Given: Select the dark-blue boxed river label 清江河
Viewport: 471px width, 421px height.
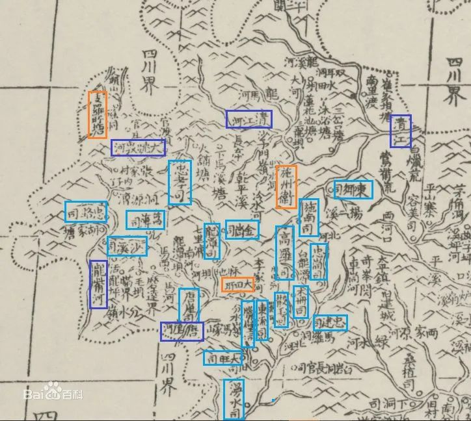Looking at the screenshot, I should pyautogui.click(x=249, y=120).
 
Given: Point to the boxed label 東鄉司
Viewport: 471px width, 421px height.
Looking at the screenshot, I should pyautogui.click(x=354, y=189).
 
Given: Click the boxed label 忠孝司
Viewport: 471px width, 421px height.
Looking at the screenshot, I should pyautogui.click(x=180, y=183).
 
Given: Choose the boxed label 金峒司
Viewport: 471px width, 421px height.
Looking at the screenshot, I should pyautogui.click(x=242, y=229).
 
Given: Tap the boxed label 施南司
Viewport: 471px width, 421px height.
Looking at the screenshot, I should pyautogui.click(x=309, y=217).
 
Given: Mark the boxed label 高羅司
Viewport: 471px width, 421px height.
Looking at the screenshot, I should pyautogui.click(x=285, y=252).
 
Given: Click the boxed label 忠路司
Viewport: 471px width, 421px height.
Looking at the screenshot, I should pyautogui.click(x=86, y=212).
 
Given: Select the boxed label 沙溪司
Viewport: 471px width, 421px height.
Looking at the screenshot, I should pyautogui.click(x=127, y=246).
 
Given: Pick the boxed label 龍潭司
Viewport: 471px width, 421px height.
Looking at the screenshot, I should pyautogui.click(x=212, y=241).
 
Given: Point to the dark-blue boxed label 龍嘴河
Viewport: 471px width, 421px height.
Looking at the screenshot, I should pyautogui.click(x=98, y=285).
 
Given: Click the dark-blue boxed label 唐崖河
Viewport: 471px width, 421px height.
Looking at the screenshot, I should pyautogui.click(x=182, y=331).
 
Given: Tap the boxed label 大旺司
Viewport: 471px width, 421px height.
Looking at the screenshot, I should pyautogui.click(x=224, y=357).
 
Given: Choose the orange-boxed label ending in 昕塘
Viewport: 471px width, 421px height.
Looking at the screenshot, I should pyautogui.click(x=98, y=115).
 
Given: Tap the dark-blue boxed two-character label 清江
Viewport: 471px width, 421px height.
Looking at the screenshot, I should pyautogui.click(x=401, y=131).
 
